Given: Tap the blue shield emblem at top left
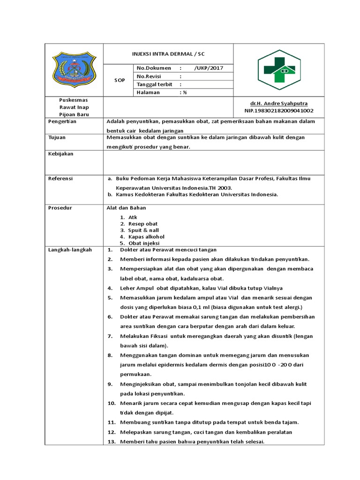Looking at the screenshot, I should tap(74, 69).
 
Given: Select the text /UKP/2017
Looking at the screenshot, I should tap(209, 68).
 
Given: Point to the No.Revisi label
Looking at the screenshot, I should tap(149, 76).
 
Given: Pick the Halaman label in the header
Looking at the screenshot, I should tap(148, 92).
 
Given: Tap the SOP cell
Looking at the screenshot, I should tap(120, 81).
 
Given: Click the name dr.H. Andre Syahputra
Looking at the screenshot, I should tap(279, 103).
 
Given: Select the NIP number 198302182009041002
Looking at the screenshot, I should tap(279, 111).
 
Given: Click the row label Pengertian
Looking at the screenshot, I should tap(62, 121).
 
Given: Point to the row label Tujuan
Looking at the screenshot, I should tap(57, 138).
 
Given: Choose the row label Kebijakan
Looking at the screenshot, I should tap(61, 154).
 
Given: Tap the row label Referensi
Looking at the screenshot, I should tap(60, 179).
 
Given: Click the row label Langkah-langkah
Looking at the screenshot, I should tap(70, 250).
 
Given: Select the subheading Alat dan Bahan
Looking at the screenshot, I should tap(127, 208).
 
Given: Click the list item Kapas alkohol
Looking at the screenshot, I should tap(146, 237).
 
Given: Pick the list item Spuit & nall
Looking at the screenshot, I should tap(143, 230).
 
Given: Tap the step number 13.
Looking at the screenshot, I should tap(111, 442).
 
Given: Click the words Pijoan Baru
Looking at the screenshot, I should tap(74, 114).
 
